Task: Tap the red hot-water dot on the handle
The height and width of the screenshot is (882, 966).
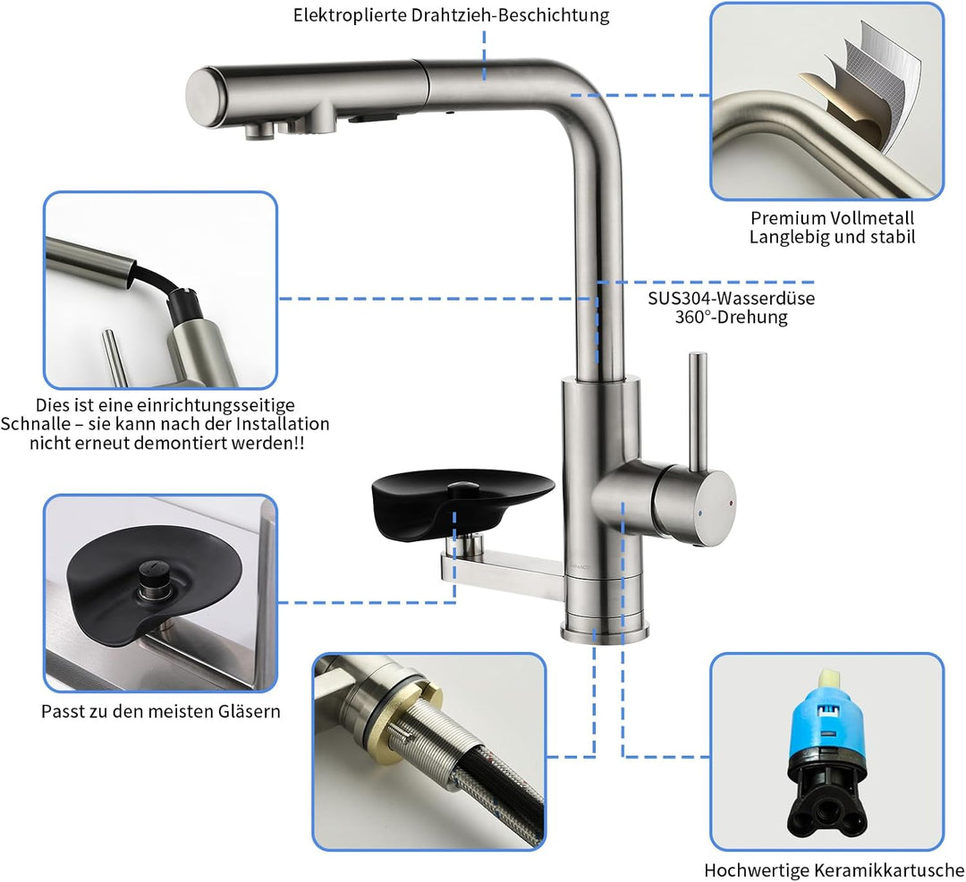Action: click(731, 504)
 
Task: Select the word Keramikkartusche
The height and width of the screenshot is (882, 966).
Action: click(889, 870)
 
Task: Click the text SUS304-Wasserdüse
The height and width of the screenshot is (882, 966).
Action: click(732, 298)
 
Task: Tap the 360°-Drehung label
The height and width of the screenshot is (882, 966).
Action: click(732, 318)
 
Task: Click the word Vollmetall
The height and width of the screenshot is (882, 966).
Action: click(872, 218)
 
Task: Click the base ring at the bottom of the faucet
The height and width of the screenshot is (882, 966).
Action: click(605, 632)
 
